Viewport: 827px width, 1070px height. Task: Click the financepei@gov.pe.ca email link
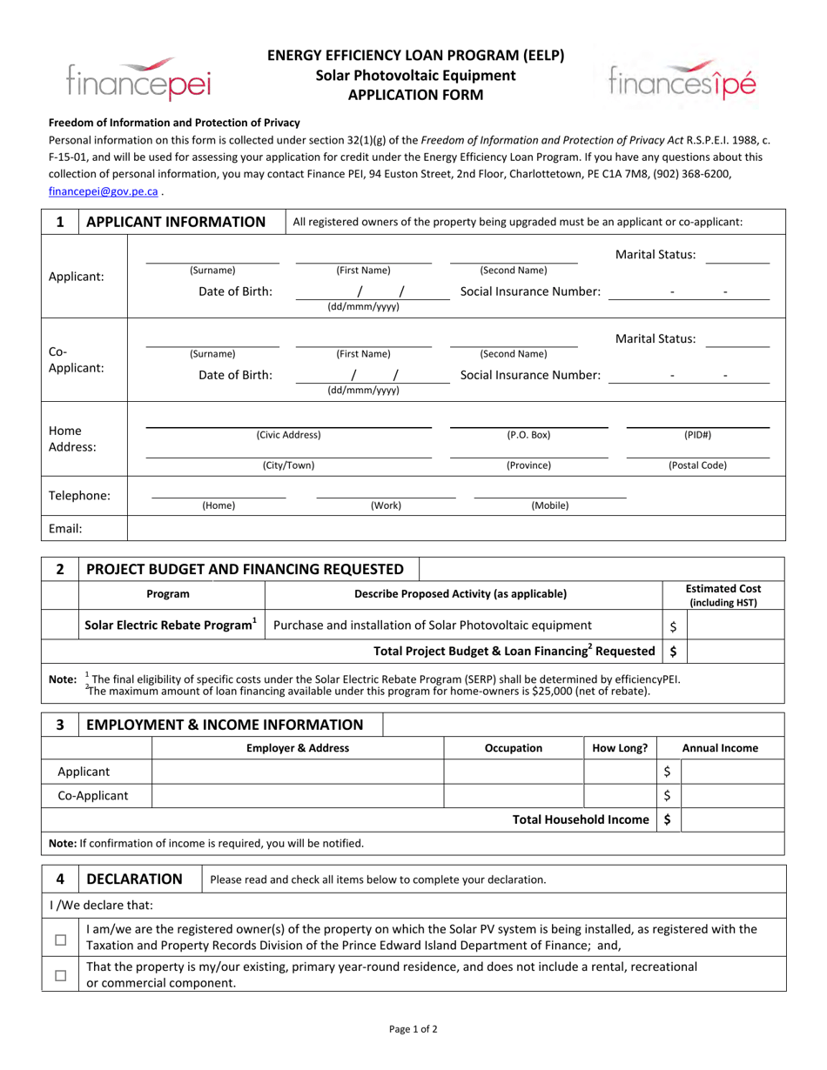click(x=103, y=191)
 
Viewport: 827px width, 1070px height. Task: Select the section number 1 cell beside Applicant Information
click(x=60, y=222)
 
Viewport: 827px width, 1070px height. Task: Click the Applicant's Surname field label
click(x=212, y=270)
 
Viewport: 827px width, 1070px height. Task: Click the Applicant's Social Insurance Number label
click(x=529, y=291)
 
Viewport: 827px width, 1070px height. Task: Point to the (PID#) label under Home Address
click(x=697, y=434)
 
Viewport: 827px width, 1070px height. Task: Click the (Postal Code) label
click(x=697, y=465)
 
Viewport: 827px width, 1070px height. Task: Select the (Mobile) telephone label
click(x=549, y=505)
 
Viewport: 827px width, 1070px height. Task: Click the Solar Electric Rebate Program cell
click(x=171, y=625)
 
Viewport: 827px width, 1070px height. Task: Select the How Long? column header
click(x=619, y=748)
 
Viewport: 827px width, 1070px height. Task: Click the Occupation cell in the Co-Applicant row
click(x=513, y=795)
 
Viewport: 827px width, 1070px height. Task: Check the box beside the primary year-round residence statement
click(x=60, y=975)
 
